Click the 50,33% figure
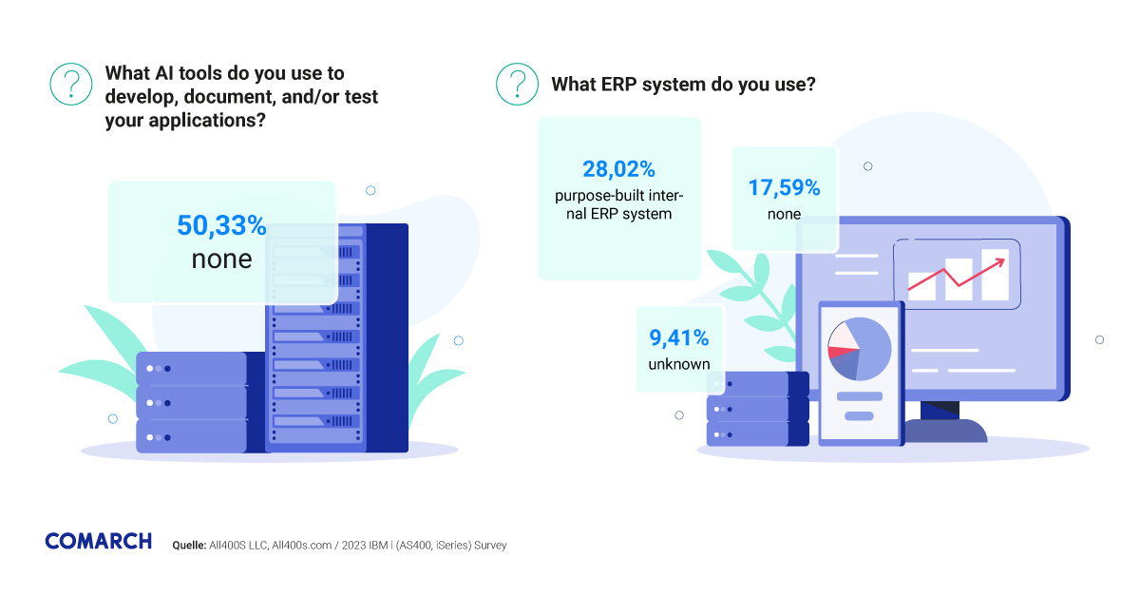pyautogui.click(x=221, y=226)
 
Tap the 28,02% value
pyautogui.click(x=618, y=169)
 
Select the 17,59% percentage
pyautogui.click(x=784, y=187)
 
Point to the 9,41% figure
pyautogui.click(x=679, y=337)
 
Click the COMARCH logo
pyautogui.click(x=98, y=541)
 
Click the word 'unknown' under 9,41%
pyautogui.click(x=679, y=364)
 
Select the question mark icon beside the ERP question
pyautogui.click(x=517, y=84)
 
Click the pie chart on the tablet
pyautogui.click(x=859, y=349)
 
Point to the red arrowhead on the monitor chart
pyautogui.click(x=1001, y=257)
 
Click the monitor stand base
pyautogui.click(x=940, y=431)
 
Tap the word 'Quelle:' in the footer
pyautogui.click(x=189, y=546)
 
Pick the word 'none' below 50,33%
pyautogui.click(x=221, y=259)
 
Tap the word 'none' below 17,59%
pyautogui.click(x=784, y=214)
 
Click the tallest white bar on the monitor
pyautogui.click(x=995, y=273)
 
